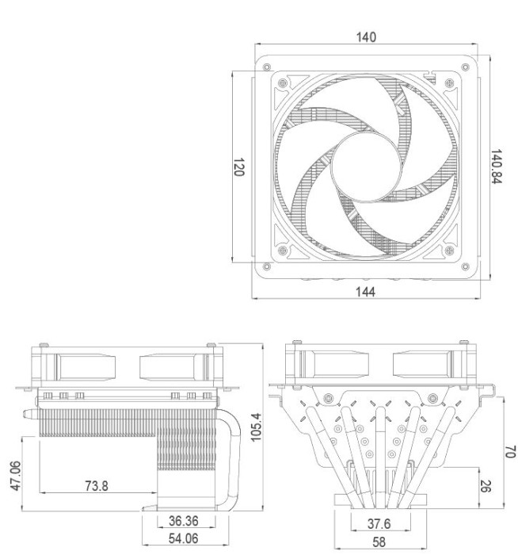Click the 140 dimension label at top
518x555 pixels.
(366, 37)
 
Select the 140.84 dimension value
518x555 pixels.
(497, 166)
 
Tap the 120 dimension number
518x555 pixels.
(238, 167)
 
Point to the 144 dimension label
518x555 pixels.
(365, 292)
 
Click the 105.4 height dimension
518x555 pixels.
(256, 427)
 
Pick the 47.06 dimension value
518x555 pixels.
(16, 476)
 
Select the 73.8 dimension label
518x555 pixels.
(97, 486)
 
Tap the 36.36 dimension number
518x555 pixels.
(184, 521)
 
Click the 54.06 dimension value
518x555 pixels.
(184, 538)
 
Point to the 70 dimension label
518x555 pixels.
(509, 452)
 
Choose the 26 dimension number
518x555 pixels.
(485, 486)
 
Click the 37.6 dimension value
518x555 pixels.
(379, 524)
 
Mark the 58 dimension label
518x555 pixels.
(379, 542)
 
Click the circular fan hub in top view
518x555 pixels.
(366, 166)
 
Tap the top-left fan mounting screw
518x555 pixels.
(283, 83)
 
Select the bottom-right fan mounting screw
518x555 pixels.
(449, 251)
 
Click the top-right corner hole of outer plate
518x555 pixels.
(465, 67)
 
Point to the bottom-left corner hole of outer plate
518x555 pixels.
(267, 266)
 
